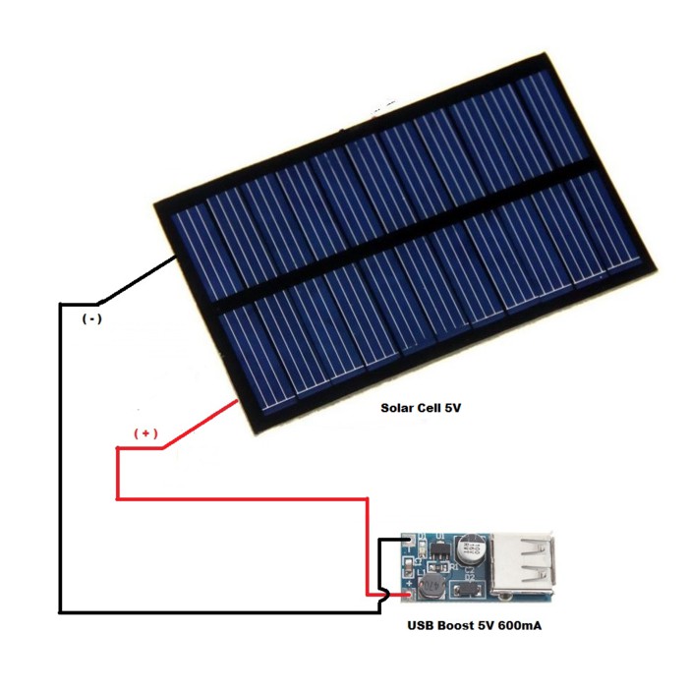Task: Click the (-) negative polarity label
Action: coord(90,319)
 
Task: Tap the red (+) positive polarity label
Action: coord(145,433)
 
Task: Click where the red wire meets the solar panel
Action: coord(239,402)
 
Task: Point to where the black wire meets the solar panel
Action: coord(177,258)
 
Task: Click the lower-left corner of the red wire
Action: coord(118,498)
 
